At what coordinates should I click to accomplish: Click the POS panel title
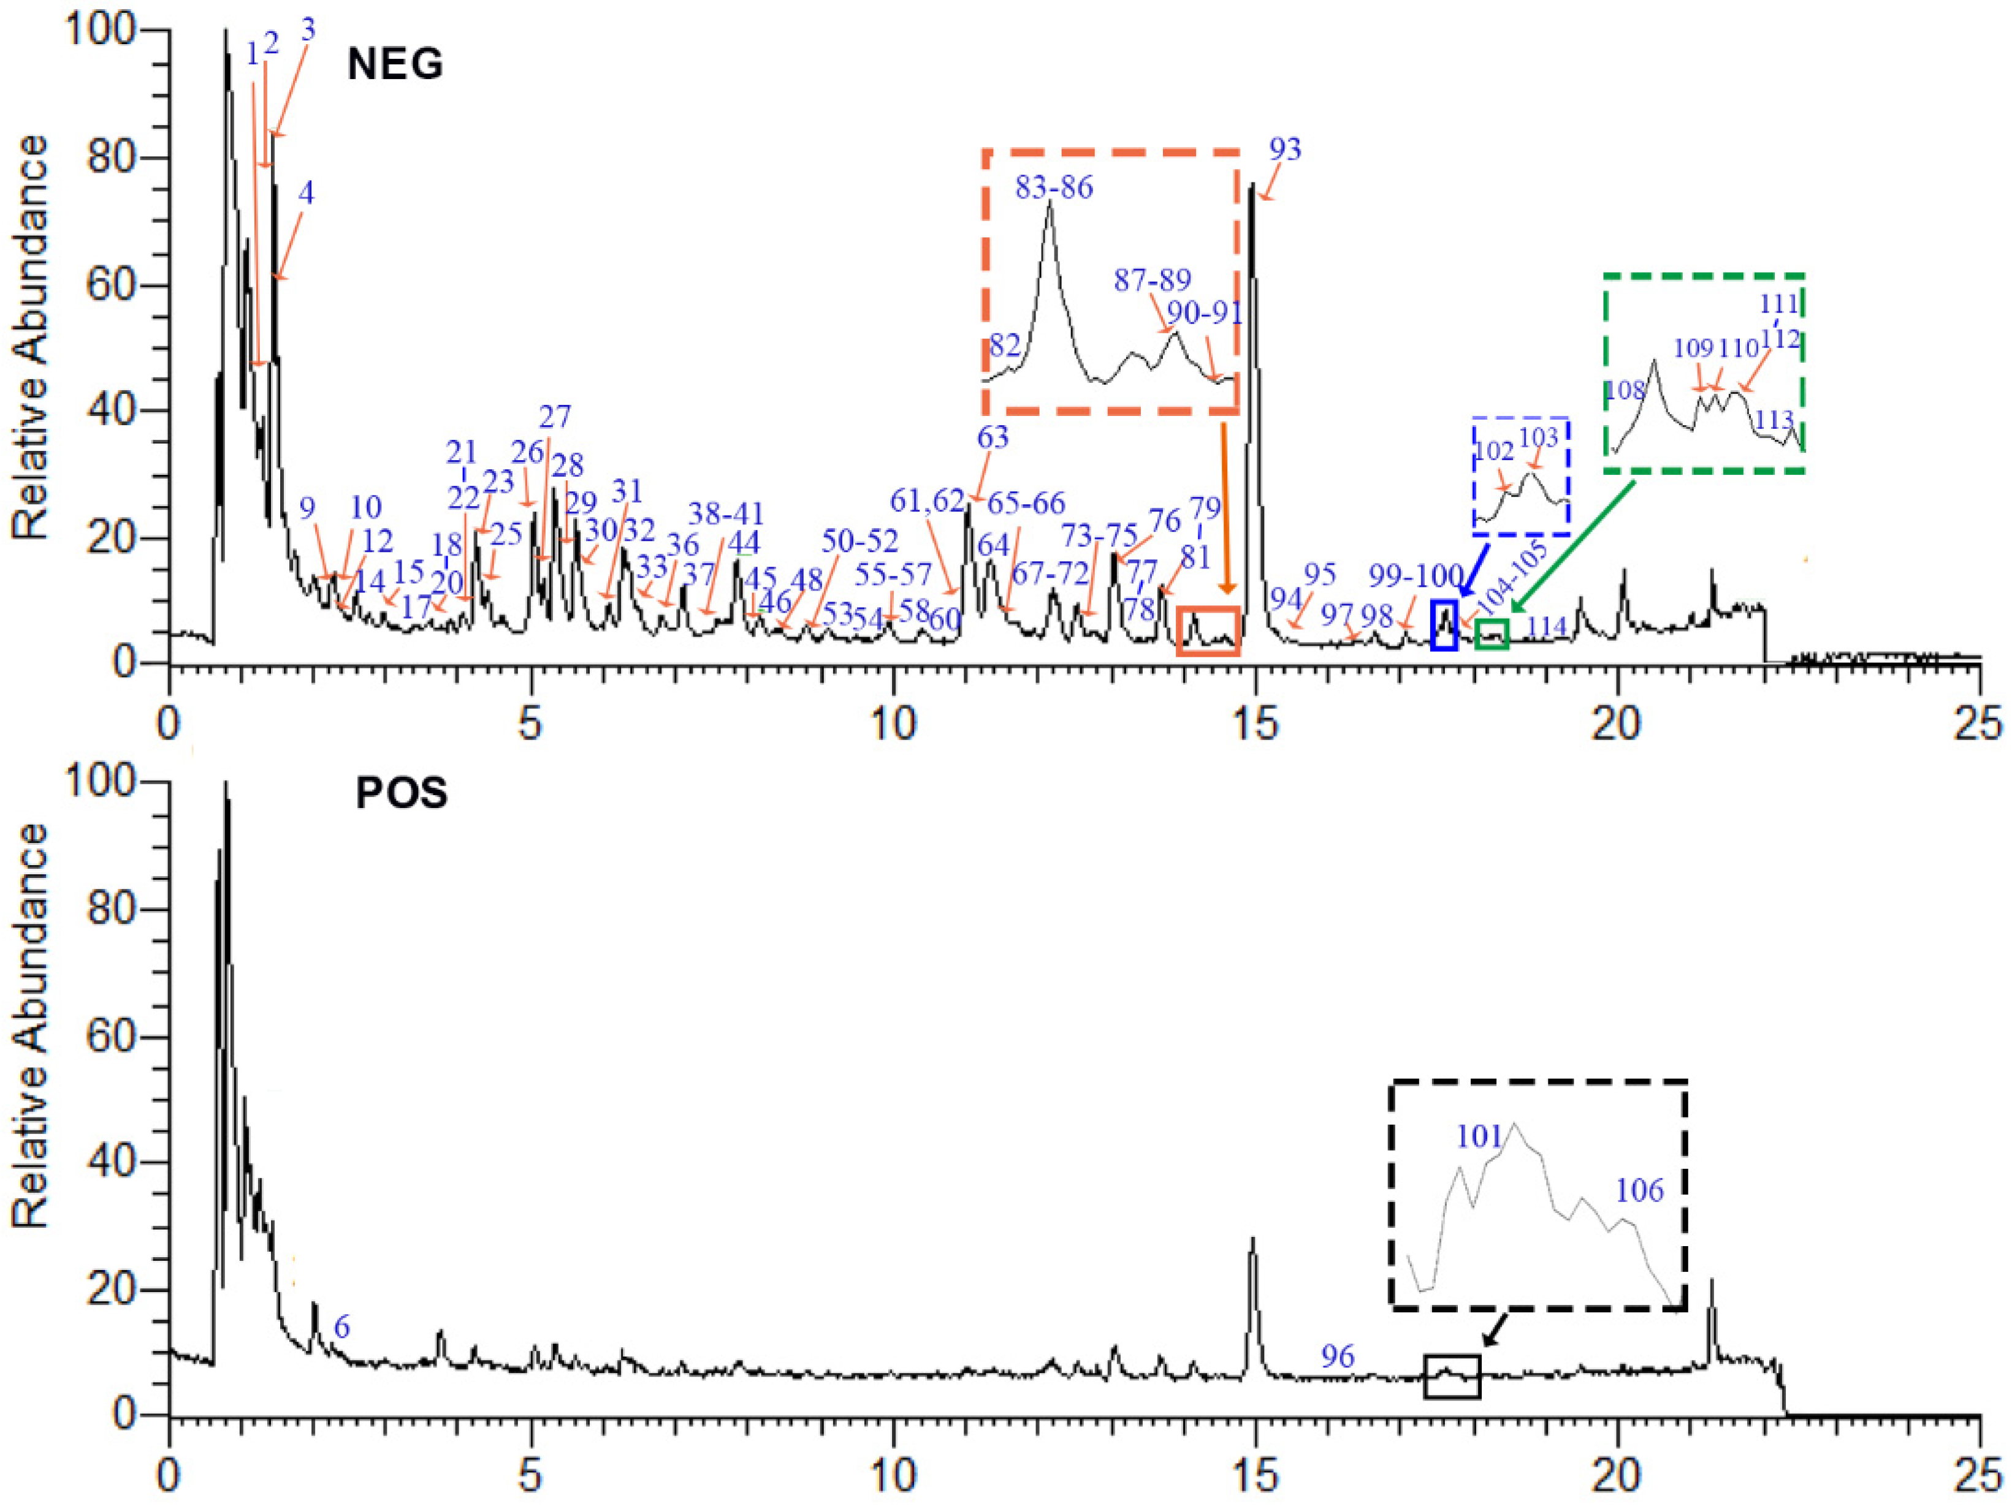(x=401, y=794)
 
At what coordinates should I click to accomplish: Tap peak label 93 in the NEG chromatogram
(x=1286, y=149)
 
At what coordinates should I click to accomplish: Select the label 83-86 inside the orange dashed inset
(x=1054, y=188)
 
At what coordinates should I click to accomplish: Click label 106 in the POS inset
(x=1640, y=1190)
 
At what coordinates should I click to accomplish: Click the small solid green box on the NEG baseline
(x=1492, y=633)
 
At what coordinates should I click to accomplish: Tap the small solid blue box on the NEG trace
(x=1444, y=626)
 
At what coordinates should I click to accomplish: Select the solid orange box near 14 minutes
(x=1208, y=631)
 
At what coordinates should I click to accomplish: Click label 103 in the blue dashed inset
(x=1539, y=438)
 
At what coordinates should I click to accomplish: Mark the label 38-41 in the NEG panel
(x=726, y=513)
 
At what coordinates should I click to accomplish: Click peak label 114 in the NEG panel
(x=1546, y=627)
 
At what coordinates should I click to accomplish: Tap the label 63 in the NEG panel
(x=993, y=437)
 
